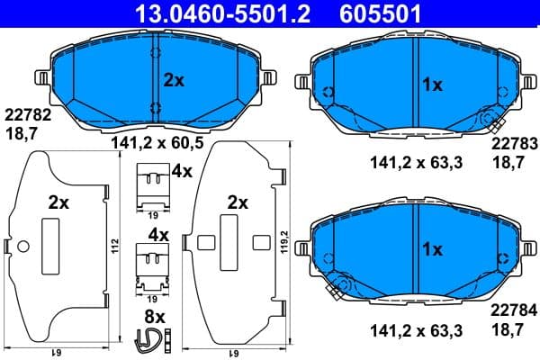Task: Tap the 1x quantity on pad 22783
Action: [x=433, y=85]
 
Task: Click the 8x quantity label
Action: [x=156, y=317]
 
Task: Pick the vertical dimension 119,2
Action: [x=284, y=245]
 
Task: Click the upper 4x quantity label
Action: [x=183, y=170]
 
